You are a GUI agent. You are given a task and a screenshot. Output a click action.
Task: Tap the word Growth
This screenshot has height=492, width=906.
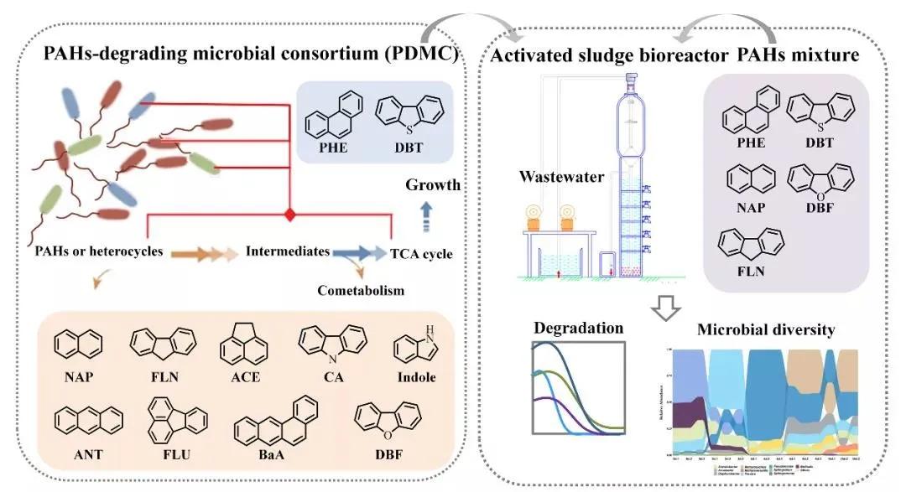[x=433, y=185]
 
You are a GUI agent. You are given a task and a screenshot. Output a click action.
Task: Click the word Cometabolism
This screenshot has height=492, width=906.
[x=361, y=291]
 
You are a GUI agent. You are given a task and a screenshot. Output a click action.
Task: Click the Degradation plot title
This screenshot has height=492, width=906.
[x=579, y=328]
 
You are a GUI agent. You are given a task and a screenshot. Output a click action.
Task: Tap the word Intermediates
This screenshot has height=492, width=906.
[x=287, y=251]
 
